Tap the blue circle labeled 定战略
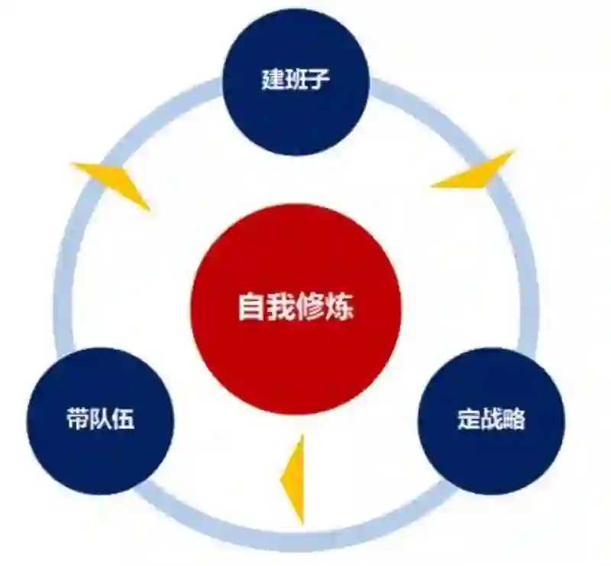(491, 420)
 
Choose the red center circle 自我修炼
(296, 307)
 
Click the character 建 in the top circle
(273, 80)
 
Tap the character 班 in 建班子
(296, 80)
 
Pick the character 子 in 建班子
(320, 80)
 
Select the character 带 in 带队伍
(77, 419)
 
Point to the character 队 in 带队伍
(100, 419)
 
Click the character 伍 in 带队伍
(124, 419)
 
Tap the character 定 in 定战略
(468, 420)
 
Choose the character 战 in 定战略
(491, 420)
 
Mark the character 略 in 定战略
(515, 420)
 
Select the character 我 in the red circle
(280, 307)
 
